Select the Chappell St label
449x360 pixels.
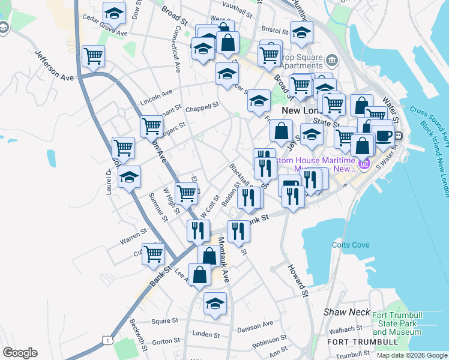coord(202,108)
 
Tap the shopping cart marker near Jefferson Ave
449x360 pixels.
coord(93,57)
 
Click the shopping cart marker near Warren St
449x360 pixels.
coord(154,254)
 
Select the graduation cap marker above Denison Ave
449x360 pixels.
coord(215,304)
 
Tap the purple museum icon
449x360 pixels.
coord(363,163)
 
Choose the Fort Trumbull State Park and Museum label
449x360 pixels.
coord(396,324)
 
